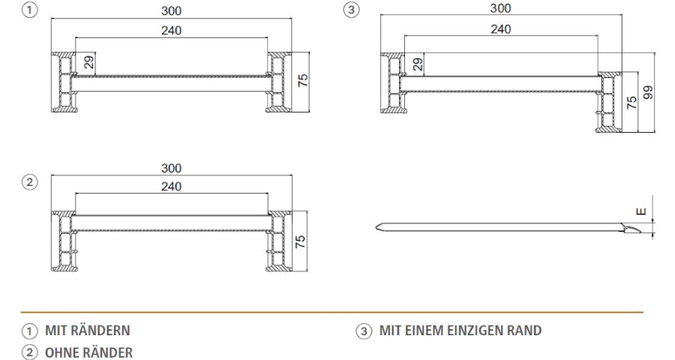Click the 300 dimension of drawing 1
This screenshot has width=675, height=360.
(x=171, y=10)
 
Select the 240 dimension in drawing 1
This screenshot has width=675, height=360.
(x=171, y=31)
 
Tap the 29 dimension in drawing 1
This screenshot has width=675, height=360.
(x=89, y=62)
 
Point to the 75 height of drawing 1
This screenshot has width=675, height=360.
(x=303, y=80)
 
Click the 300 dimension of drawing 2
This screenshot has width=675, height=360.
(x=171, y=168)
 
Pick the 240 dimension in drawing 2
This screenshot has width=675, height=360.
(x=171, y=187)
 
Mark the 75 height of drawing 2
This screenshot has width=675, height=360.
(x=301, y=241)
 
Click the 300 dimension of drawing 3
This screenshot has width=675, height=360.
(x=501, y=8)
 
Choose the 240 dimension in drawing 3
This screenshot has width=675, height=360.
(x=501, y=28)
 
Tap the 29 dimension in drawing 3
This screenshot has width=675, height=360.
(x=418, y=64)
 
